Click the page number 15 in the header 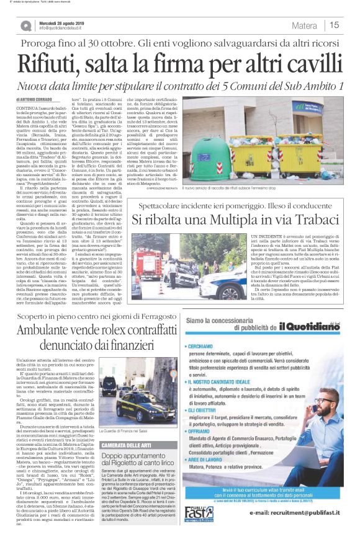click(334, 25)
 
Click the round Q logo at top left click(26, 25)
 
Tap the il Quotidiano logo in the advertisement click(307, 328)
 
